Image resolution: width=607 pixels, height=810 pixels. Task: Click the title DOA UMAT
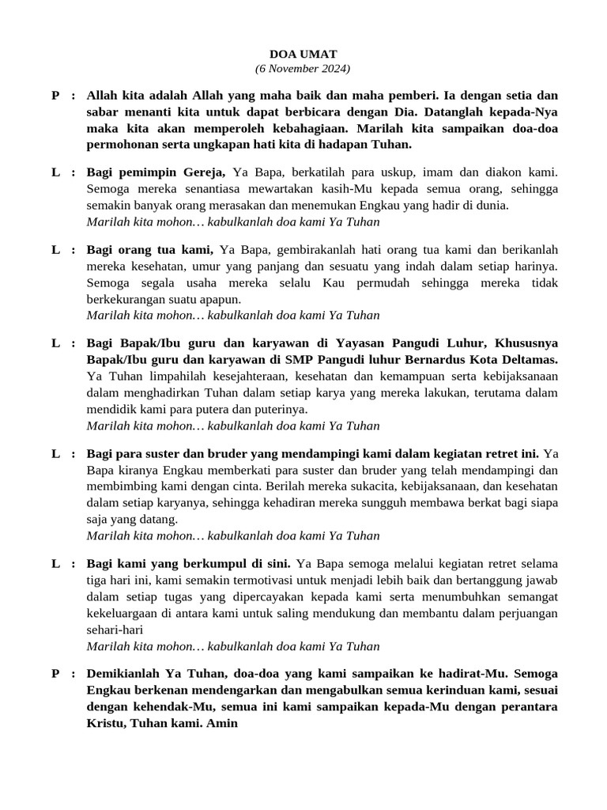tap(303, 54)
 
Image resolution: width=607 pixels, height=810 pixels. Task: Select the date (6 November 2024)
tap(303, 69)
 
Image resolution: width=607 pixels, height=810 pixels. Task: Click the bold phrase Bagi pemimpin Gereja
tap(156, 172)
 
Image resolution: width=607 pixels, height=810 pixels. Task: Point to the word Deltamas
tap(531, 359)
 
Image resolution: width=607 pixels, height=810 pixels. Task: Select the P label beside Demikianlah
tap(55, 674)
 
